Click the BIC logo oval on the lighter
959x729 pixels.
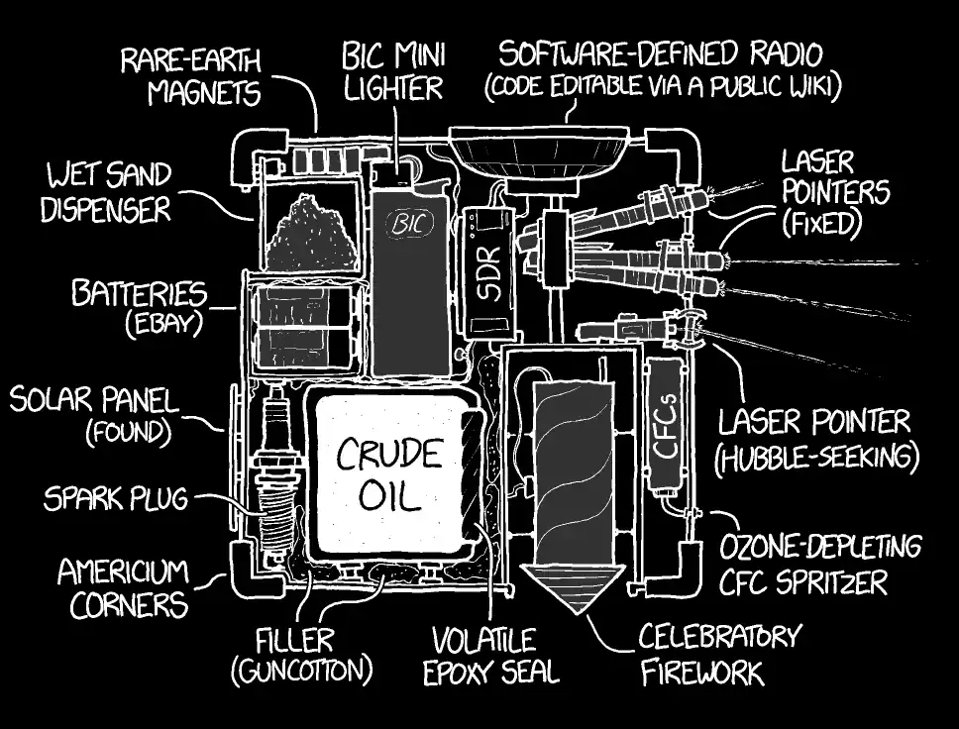click(406, 225)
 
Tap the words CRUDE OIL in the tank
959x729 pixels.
click(388, 473)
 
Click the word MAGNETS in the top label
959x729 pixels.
click(203, 94)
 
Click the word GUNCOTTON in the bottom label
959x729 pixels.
click(302, 670)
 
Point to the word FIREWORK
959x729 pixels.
click(702, 674)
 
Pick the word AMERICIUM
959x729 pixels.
click(123, 572)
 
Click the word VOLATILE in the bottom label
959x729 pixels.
click(483, 639)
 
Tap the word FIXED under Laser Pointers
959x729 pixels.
click(817, 223)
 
